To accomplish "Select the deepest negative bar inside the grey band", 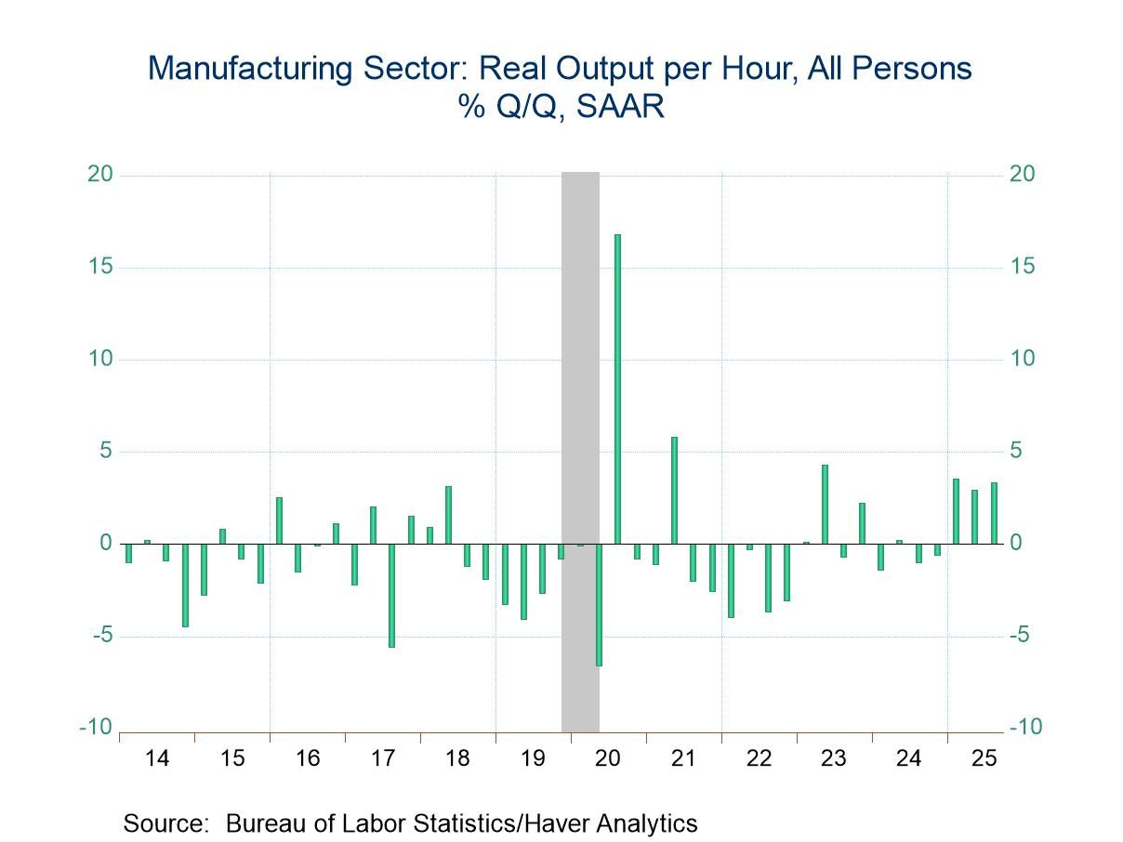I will [599, 604].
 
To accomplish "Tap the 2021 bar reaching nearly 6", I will [674, 490].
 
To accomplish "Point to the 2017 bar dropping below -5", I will [391, 595].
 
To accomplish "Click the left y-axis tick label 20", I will [100, 175].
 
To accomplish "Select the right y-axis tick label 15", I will [1021, 267].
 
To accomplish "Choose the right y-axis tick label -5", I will [1021, 636].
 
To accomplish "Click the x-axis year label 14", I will [157, 758].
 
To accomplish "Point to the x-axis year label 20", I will [608, 758].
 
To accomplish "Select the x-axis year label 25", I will [984, 758].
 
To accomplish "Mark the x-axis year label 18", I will [457, 758].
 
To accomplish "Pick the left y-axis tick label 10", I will [100, 360].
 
